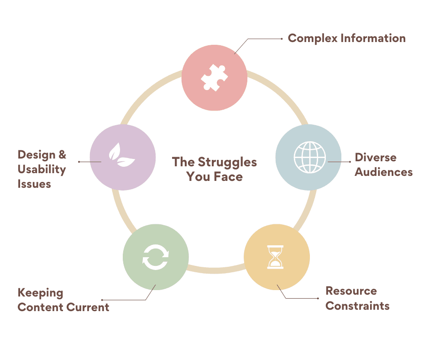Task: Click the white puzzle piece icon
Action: coord(214,77)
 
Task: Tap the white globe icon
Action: coord(309,157)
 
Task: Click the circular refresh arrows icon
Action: coord(155,257)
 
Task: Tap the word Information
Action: coord(373,38)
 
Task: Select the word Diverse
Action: coord(376,158)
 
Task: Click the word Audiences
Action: coord(383,172)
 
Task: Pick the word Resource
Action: coord(351,291)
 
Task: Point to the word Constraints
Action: coord(357,306)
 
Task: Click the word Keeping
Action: coord(40,293)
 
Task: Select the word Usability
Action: coord(42,169)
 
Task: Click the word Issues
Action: coord(34,184)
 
